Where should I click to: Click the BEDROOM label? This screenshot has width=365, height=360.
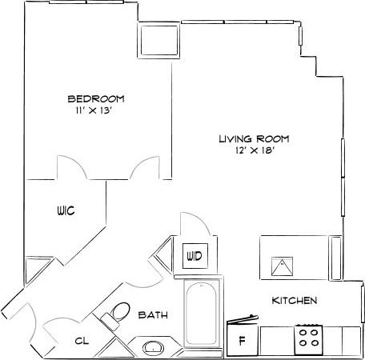95,98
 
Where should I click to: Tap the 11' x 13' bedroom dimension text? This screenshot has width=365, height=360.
95,111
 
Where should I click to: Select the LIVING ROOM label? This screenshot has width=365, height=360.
253,138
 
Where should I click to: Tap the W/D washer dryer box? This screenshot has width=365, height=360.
194,256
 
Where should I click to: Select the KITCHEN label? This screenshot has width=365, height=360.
295,301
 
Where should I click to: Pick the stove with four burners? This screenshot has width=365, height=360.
308,339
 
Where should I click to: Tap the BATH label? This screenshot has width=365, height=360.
153,315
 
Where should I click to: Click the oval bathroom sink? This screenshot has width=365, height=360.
153,348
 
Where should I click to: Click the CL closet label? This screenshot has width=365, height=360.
81,340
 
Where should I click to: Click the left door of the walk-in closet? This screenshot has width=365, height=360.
69,169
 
